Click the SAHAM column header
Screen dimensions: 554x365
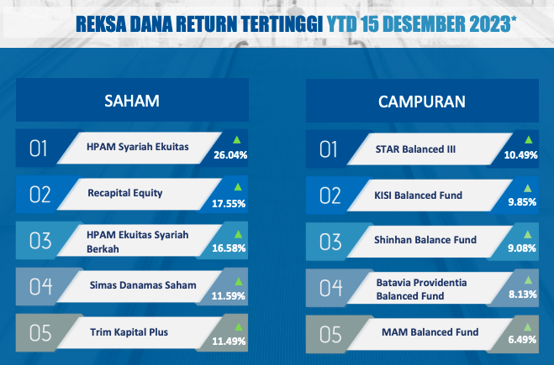pyautogui.click(x=132, y=101)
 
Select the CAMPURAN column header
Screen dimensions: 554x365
pyautogui.click(x=422, y=102)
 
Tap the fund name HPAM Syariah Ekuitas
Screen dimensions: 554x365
pyautogui.click(x=138, y=147)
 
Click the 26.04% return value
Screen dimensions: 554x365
pyautogui.click(x=230, y=155)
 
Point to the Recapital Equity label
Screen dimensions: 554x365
pyautogui.click(x=125, y=193)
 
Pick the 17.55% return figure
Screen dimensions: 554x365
pyautogui.click(x=229, y=204)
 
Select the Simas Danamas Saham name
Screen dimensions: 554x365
pyautogui.click(x=143, y=285)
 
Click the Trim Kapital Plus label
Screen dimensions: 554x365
pyautogui.click(x=129, y=332)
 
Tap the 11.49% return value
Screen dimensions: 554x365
pyautogui.click(x=229, y=341)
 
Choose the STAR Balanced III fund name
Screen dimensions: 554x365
pyautogui.click(x=415, y=149)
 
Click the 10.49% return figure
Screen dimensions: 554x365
pyautogui.click(x=520, y=155)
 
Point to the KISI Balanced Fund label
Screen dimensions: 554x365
pyautogui.click(x=419, y=196)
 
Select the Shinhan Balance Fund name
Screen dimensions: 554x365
pyautogui.click(x=425, y=240)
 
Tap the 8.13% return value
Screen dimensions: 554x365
pyautogui.click(x=523, y=295)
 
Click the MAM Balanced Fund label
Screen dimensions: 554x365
pyautogui.click(x=430, y=331)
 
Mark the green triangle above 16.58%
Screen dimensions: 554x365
pyautogui.click(x=239, y=234)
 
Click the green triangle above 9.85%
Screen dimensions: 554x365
pyautogui.click(x=527, y=188)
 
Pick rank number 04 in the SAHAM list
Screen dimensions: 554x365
pyautogui.click(x=40, y=286)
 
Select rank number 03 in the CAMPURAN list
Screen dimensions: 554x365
pyautogui.click(x=330, y=242)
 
